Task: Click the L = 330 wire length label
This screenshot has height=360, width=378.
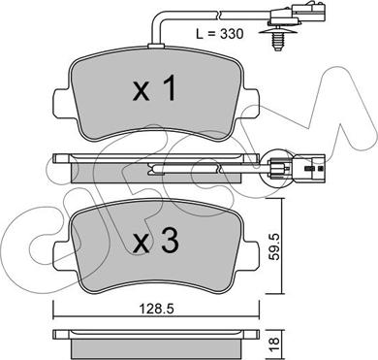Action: [220, 34]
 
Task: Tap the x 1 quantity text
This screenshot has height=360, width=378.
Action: [155, 88]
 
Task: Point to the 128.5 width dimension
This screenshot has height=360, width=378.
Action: [156, 309]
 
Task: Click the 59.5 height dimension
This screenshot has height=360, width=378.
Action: [275, 247]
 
